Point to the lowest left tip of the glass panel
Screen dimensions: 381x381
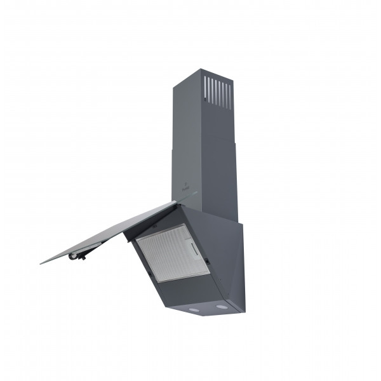pos(41,262)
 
